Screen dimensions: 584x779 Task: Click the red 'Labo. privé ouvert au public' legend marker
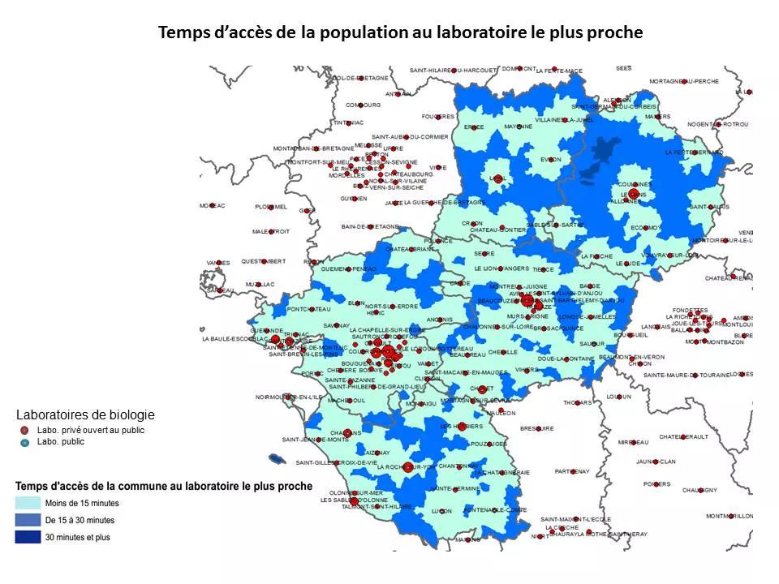[25, 430]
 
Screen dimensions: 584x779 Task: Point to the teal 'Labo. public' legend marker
[25, 442]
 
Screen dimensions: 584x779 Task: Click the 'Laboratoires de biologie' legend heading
[85, 414]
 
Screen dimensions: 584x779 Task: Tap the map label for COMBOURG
[363, 105]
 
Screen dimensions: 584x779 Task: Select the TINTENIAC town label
[348, 122]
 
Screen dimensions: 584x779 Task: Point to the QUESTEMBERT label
[263, 261]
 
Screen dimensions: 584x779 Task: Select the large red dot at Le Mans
[633, 194]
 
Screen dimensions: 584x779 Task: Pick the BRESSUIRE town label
[536, 428]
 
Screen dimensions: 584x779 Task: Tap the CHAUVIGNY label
[699, 490]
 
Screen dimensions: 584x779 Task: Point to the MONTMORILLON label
[730, 516]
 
